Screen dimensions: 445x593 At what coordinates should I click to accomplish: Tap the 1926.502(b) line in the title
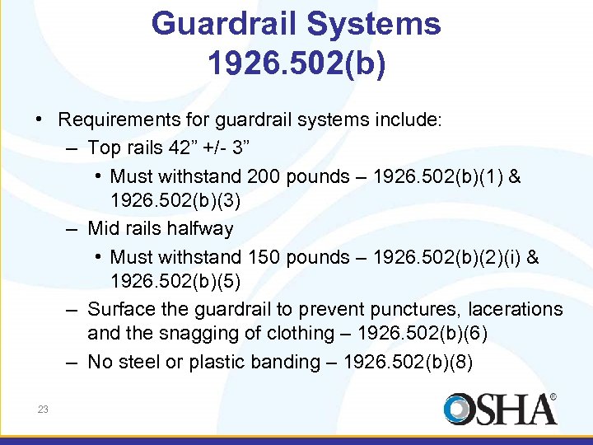(x=296, y=63)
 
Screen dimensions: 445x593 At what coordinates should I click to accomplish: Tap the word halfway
(x=198, y=229)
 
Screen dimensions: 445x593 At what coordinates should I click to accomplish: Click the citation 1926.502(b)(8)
(x=408, y=362)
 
